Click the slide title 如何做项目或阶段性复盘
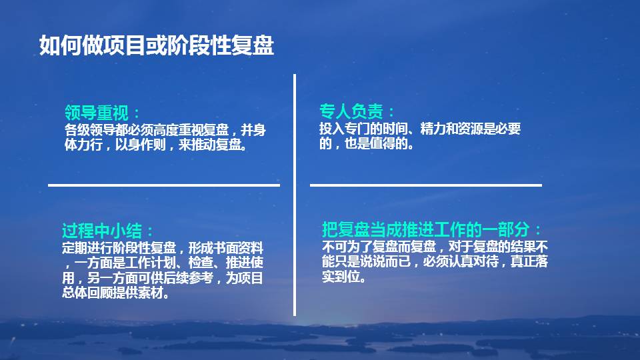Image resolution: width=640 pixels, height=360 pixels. [x=156, y=45]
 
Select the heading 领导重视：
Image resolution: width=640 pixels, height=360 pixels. [x=103, y=112]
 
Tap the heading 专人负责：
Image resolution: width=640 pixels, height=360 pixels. [x=357, y=111]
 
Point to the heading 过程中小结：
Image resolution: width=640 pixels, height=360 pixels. [x=108, y=231]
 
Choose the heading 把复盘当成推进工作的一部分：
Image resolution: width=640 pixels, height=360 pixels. [x=432, y=230]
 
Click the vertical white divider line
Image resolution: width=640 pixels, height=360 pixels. [x=295, y=193]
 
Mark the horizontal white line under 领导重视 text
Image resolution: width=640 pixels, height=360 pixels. [x=163, y=185]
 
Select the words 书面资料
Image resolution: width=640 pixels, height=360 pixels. [x=237, y=247]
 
